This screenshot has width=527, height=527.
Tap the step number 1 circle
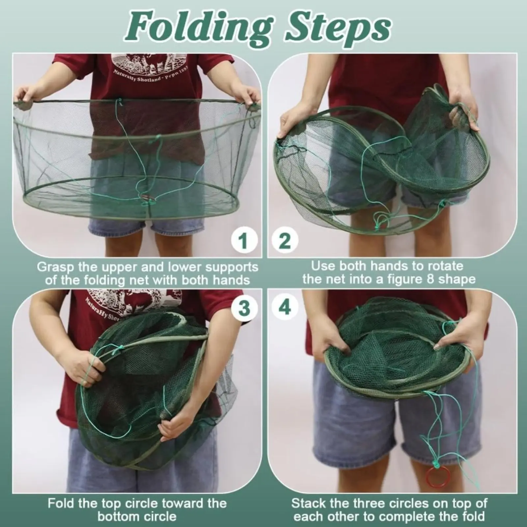244,241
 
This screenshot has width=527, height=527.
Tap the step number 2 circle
285,241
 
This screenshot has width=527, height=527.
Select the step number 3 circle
244,308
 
